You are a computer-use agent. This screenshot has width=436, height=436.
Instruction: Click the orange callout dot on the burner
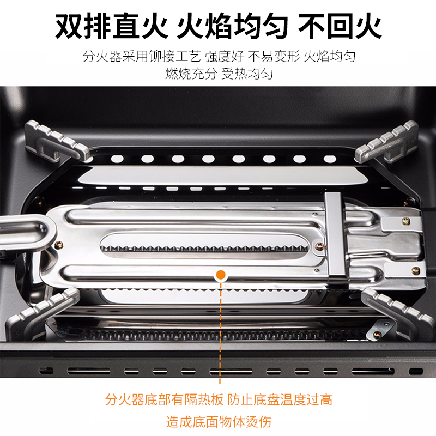coord(221,275)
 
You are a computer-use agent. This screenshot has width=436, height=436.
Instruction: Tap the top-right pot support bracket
coord(386,142)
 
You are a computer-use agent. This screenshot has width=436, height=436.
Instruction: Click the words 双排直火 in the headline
coord(112,26)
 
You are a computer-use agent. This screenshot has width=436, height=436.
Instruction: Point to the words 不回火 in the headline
coord(340,26)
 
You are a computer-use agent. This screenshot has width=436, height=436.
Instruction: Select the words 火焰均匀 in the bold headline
coord(233,26)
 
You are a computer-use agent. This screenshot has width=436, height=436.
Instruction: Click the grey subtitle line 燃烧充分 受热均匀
coord(219,74)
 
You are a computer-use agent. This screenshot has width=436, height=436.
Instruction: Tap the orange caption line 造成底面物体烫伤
coord(219,421)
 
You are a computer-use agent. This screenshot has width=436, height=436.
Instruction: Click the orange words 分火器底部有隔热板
coord(165,400)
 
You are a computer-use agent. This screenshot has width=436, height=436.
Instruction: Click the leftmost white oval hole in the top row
coord(117,159)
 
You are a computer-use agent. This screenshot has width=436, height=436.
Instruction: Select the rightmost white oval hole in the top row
coord(330,159)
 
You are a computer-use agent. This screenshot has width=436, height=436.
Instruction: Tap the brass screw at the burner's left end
coord(58,245)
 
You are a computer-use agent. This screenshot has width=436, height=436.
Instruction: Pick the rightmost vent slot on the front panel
coord(416,371)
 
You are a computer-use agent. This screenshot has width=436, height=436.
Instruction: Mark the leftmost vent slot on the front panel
coord(46,371)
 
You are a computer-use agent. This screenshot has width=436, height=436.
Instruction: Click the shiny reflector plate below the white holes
coord(222,175)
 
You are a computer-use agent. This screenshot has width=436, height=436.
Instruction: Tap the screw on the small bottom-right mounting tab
coord(377,335)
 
